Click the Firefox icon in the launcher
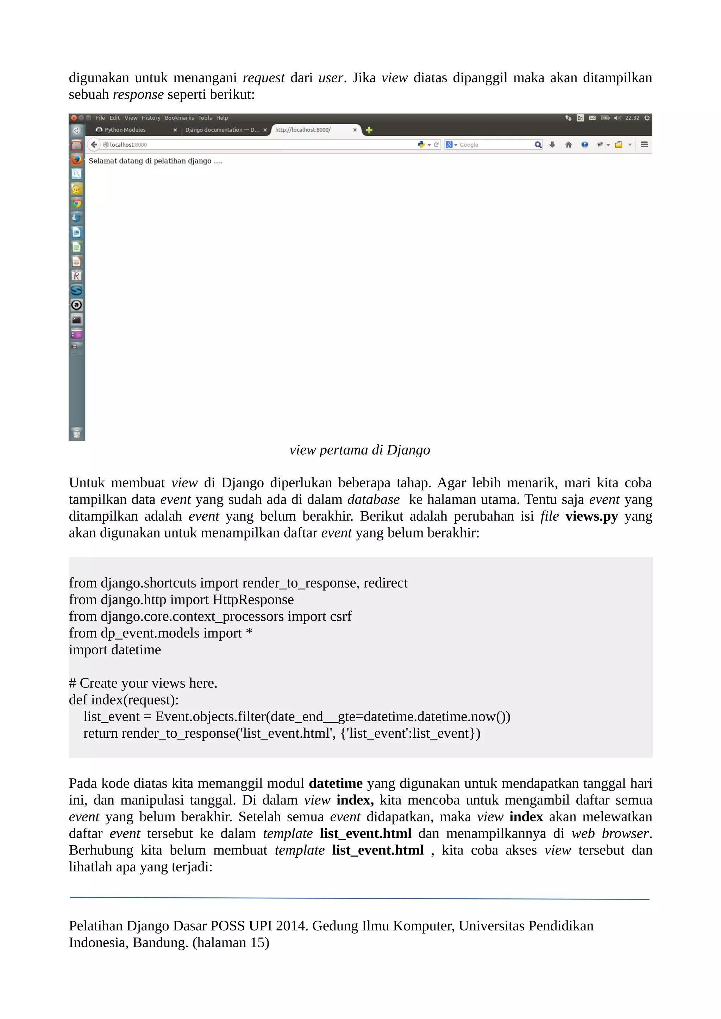[x=76, y=159]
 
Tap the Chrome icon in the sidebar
[x=76, y=203]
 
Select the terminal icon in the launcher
[x=76, y=320]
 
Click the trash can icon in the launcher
[x=76, y=433]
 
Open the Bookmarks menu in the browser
[x=179, y=118]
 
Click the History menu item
[x=151, y=118]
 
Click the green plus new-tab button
[x=369, y=130]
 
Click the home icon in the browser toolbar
[x=568, y=145]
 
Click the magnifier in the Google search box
[x=538, y=145]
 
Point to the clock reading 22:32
[x=632, y=118]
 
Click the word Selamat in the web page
[x=102, y=161]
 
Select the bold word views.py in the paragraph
[x=591, y=516]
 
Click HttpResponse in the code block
[x=253, y=600]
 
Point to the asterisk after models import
[x=249, y=632]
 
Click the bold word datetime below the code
[x=336, y=783]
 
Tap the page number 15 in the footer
[x=257, y=942]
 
